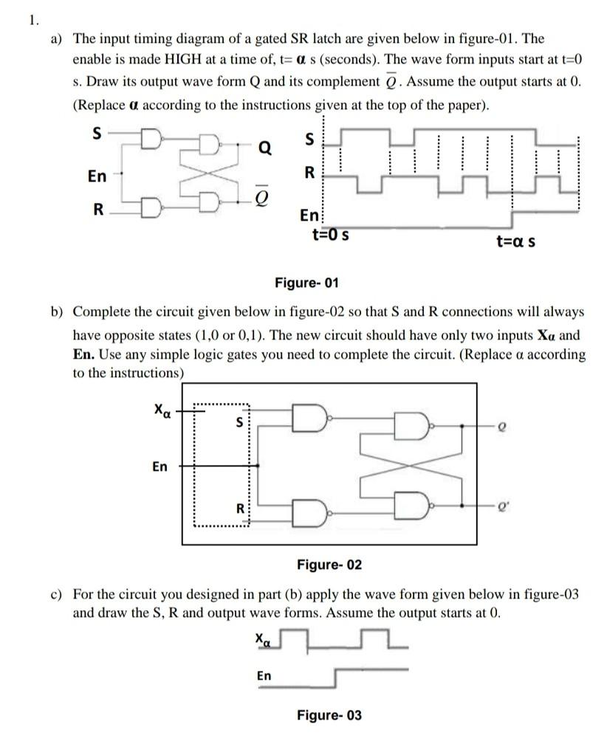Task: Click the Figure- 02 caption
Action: click(329, 565)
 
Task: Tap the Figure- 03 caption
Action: click(329, 715)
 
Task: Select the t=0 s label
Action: click(330, 236)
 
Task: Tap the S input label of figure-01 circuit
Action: click(96, 135)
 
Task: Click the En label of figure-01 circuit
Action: click(97, 176)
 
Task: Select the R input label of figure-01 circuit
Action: click(97, 210)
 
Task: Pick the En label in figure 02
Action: click(160, 466)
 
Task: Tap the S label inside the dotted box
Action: click(239, 423)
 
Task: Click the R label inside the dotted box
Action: click(239, 508)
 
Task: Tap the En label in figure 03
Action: click(264, 675)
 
